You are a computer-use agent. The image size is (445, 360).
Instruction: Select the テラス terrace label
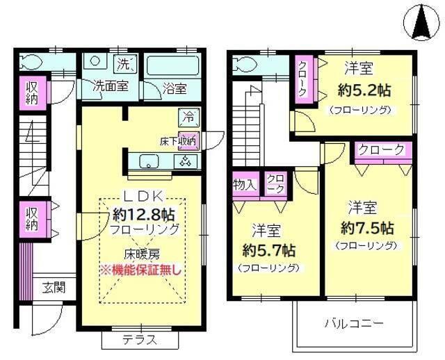[140, 341]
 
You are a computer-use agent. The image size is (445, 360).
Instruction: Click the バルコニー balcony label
[353, 323]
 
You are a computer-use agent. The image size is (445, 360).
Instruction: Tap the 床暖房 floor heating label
[142, 254]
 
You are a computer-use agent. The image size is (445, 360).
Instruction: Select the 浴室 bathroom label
[175, 88]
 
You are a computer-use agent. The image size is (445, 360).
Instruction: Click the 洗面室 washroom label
[111, 88]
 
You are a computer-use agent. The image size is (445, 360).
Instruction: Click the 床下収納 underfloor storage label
[178, 140]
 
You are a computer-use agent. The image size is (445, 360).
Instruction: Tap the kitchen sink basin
[148, 162]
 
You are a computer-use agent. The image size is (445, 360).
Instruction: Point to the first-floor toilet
[31, 60]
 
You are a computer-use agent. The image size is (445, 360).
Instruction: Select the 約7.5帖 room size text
[367, 227]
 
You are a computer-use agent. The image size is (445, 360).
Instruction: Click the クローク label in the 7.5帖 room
[381, 149]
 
